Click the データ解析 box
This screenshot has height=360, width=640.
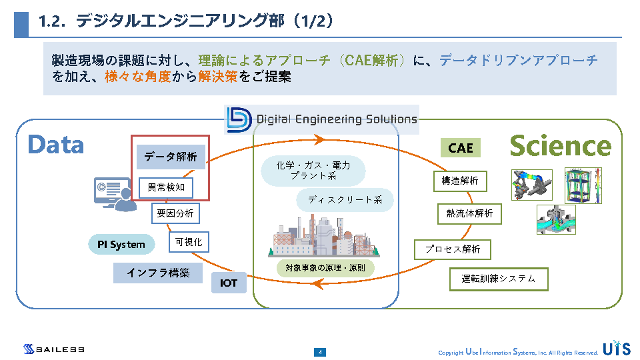[x=171, y=157]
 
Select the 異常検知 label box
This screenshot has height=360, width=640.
[x=166, y=188]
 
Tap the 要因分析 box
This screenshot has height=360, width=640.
[x=175, y=213]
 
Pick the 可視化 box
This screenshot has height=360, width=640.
[x=189, y=242]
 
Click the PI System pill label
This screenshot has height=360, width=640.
[x=121, y=245]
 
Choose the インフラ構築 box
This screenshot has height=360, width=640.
[x=158, y=273]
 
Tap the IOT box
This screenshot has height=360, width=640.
[x=229, y=283]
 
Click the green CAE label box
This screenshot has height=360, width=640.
[x=460, y=148]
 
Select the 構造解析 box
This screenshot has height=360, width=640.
[x=460, y=180]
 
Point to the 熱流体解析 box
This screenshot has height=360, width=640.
[x=469, y=213]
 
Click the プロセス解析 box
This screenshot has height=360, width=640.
[x=453, y=249]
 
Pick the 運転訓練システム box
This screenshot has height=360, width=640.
[x=499, y=279]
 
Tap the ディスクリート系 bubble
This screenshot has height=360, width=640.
[x=345, y=200]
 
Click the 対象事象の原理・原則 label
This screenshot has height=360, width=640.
[x=325, y=268]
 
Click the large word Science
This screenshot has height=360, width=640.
[x=560, y=146]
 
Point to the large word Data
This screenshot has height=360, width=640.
[x=56, y=145]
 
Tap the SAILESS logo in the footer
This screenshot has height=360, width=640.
[x=54, y=349]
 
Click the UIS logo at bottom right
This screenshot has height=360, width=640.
[x=615, y=349]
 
